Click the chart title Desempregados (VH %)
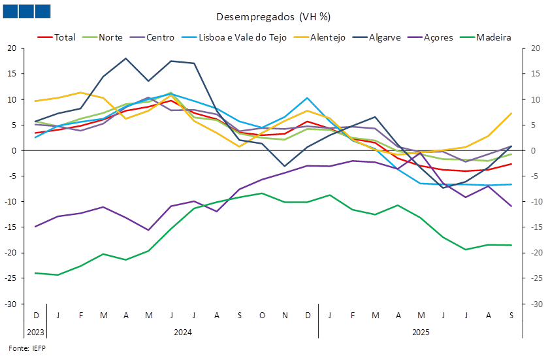[x=274, y=16]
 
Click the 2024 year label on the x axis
[x=182, y=333]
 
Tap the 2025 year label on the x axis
[x=421, y=333]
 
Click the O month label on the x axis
[x=262, y=316]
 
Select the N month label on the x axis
[x=285, y=316]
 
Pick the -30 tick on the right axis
[x=535, y=304]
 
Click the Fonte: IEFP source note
[x=27, y=347]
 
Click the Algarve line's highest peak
[x=125, y=58]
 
